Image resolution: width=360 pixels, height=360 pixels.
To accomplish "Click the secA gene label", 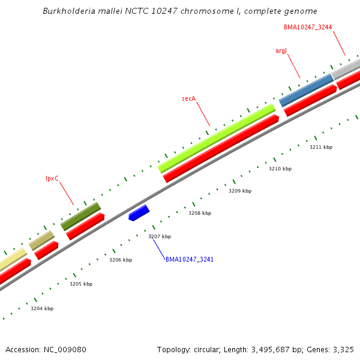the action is [x=189, y=98].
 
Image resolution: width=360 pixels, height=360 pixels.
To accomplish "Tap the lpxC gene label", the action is [x=52, y=178].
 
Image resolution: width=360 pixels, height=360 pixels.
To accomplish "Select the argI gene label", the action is [x=281, y=50].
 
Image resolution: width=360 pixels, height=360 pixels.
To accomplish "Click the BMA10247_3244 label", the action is [x=308, y=27].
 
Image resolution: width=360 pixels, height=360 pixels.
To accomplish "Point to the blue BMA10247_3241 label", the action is [x=190, y=259].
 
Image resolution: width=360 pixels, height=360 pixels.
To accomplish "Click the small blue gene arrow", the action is [x=139, y=212].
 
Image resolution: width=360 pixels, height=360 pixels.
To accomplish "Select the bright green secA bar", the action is [x=217, y=138].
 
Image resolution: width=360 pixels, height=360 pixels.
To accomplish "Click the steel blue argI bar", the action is [x=306, y=89].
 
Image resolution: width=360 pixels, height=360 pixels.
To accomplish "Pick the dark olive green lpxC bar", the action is [x=80, y=216].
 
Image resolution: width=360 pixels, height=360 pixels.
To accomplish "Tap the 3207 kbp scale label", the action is [x=160, y=236].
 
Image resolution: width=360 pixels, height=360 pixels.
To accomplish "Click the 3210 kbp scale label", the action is [x=280, y=169].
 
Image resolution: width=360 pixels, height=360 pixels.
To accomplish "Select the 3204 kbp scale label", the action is [x=42, y=308].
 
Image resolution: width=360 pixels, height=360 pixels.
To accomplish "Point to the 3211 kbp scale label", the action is [x=321, y=147].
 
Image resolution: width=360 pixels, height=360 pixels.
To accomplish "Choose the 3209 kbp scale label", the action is [x=240, y=191].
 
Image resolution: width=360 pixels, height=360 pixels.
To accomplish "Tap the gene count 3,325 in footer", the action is [x=343, y=349].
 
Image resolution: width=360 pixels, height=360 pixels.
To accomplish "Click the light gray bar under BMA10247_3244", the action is [x=346, y=68].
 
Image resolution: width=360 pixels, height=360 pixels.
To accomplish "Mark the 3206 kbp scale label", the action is [x=120, y=260].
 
